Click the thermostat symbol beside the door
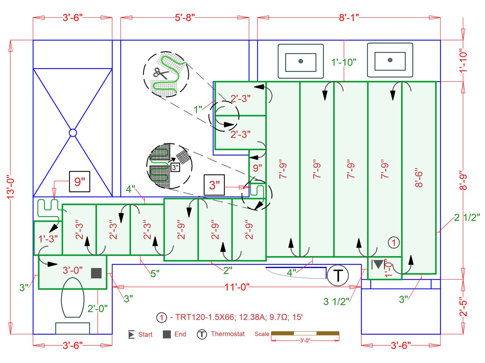pos(337,275)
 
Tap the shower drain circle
pos(73,133)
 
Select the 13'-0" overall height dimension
pos(11,187)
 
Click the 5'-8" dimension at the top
pos(185,17)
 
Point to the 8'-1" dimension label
pos(349,17)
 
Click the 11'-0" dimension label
pos(237,287)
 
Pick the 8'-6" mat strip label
pos(418,178)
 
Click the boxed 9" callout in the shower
pos(80,181)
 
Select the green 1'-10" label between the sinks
pos(344,62)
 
